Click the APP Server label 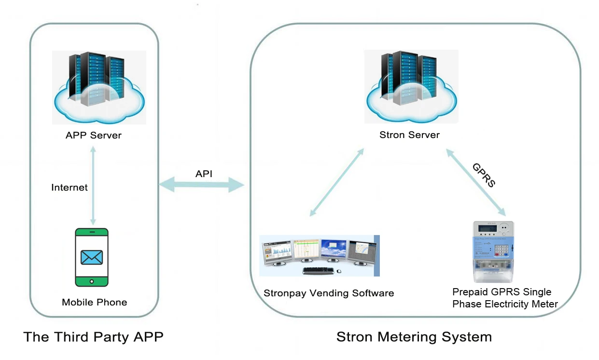coord(94,135)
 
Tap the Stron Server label coord(409,135)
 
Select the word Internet coord(70,187)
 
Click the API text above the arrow coord(203,174)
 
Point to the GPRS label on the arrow coord(484,175)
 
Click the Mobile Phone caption coord(95,303)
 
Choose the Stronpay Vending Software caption coord(329,293)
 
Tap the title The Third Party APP coord(93,337)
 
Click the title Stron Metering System coord(414,337)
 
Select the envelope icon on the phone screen coord(92,257)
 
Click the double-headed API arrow coord(202,184)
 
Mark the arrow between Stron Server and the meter coord(475,182)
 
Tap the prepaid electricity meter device coord(492,251)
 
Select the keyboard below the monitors coord(319,270)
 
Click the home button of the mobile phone coord(92,281)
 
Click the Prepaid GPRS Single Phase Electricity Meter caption coord(505,298)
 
